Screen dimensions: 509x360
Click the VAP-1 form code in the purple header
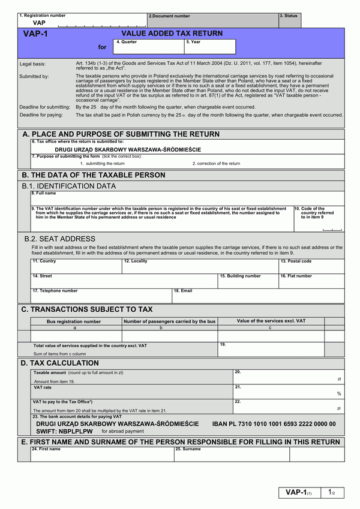click(35, 35)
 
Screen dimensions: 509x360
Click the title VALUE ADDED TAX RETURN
click(172, 34)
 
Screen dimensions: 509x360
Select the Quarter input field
click(149, 47)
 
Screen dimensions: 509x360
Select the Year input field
click(210, 47)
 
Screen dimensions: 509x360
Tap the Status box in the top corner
click(289, 20)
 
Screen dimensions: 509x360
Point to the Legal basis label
click(32, 64)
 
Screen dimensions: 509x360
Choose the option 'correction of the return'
click(216, 163)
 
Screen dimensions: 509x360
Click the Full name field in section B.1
click(187, 198)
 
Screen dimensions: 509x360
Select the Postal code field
click(311, 266)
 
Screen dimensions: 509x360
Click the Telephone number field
click(101, 296)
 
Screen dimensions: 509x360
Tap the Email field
click(258, 296)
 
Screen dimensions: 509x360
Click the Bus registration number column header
click(74, 321)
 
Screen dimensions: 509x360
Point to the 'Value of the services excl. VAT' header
click(271, 321)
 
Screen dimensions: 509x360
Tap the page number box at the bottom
click(331, 492)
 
